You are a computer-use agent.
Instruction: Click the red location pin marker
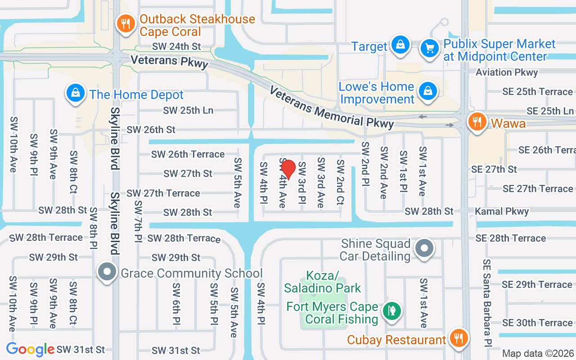(x=288, y=170)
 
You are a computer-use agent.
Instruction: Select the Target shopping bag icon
(x=400, y=45)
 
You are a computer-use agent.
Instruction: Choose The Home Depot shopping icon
(x=75, y=93)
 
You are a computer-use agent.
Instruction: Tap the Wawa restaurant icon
(x=477, y=121)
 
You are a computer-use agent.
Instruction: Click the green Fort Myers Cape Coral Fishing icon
(x=392, y=310)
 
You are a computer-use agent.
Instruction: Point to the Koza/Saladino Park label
(x=322, y=282)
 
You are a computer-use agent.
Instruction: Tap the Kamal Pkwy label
(x=502, y=211)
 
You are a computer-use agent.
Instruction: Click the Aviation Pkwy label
(x=507, y=72)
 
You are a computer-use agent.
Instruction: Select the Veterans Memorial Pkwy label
(x=331, y=107)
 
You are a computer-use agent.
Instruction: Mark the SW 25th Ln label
(x=188, y=110)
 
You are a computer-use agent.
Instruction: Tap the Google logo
(x=30, y=349)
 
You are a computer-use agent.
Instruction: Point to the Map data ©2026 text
(x=538, y=354)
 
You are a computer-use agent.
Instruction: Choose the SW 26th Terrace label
(x=188, y=154)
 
